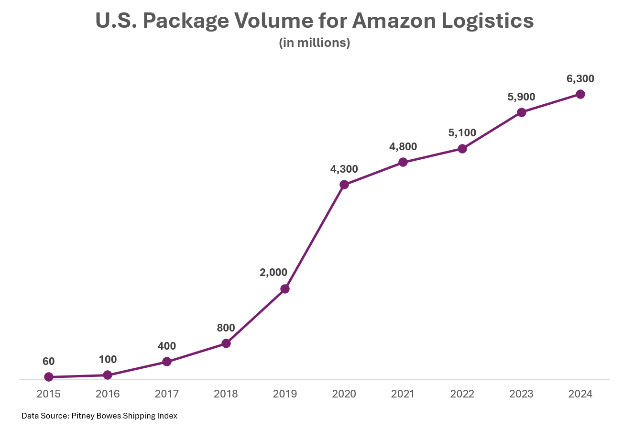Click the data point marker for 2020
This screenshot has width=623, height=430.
[344, 185]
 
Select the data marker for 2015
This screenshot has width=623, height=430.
[48, 377]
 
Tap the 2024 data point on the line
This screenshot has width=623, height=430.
[580, 94]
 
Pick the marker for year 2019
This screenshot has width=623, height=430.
[285, 289]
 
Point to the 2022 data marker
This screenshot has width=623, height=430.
[462, 149]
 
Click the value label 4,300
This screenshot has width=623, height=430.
[344, 169]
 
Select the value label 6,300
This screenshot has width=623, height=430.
[580, 79]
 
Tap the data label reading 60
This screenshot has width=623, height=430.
[48, 362]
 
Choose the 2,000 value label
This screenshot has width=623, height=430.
[273, 273]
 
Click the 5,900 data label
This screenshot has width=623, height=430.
[521, 97]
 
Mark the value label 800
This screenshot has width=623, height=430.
[226, 328]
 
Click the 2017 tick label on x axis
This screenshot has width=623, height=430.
[166, 394]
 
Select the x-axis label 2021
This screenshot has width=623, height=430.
[403, 394]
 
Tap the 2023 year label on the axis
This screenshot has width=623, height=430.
[521, 394]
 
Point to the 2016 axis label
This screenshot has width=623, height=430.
[108, 394]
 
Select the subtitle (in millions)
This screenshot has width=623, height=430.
[314, 43]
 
